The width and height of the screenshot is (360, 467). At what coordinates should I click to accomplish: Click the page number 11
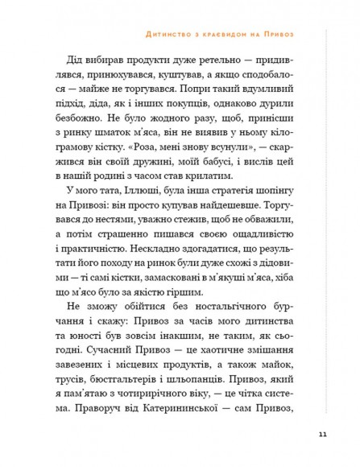[x=322, y=436]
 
